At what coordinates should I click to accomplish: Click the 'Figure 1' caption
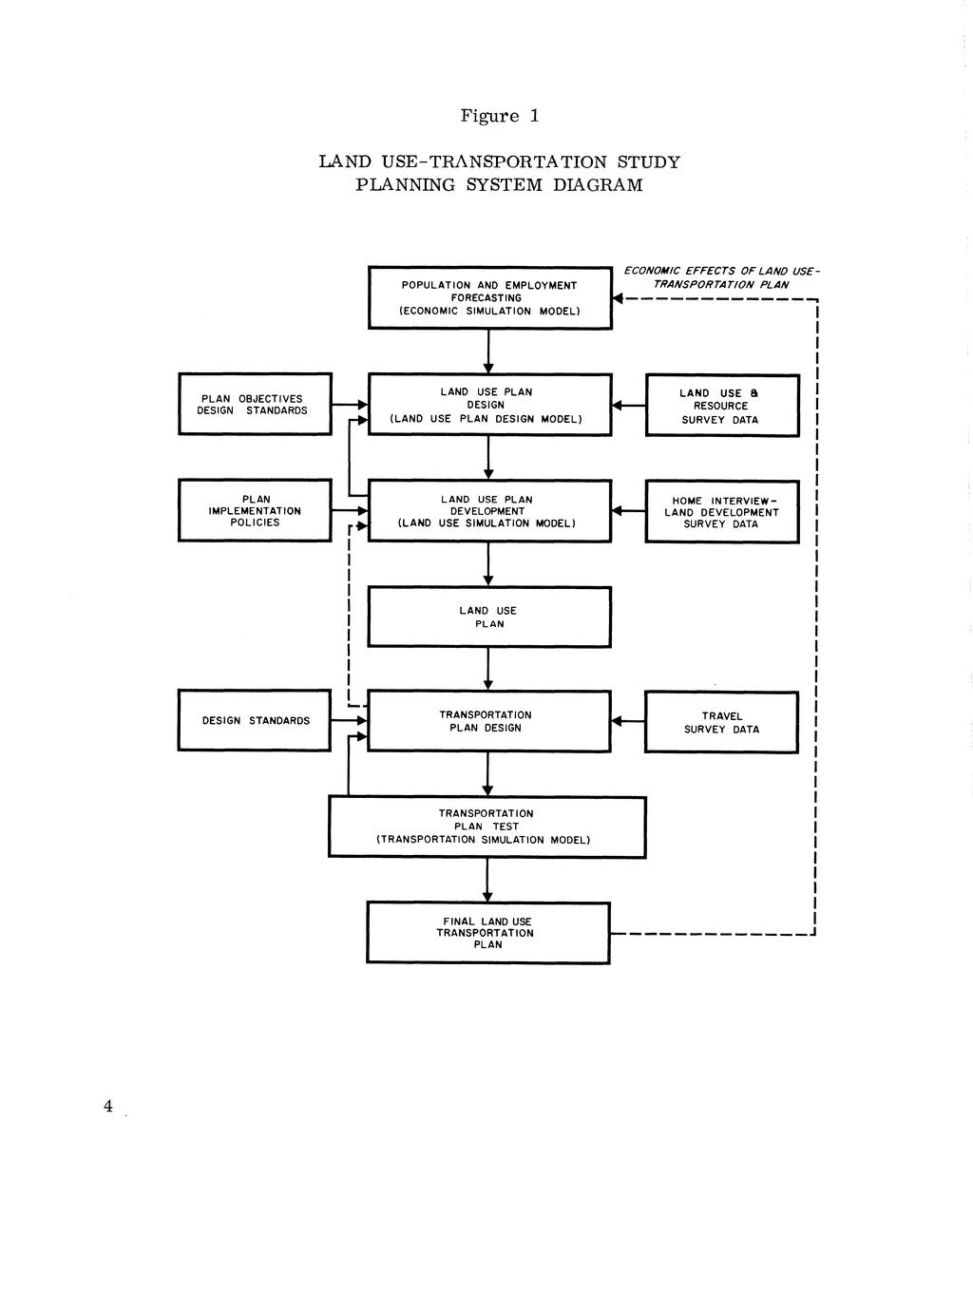click(500, 116)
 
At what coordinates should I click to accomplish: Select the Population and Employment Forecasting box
click(489, 298)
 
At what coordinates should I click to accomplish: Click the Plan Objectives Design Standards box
click(255, 405)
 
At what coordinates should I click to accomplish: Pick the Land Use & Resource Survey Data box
click(721, 406)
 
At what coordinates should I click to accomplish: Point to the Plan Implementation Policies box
click(255, 511)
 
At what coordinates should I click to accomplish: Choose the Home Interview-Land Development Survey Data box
click(721, 512)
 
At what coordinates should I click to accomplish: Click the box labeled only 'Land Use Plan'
click(488, 617)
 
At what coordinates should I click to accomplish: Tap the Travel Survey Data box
click(721, 723)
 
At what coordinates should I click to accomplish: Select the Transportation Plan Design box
click(488, 722)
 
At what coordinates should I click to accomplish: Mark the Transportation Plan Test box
click(486, 826)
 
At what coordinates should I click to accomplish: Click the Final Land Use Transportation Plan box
click(487, 933)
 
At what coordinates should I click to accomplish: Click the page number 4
click(108, 1106)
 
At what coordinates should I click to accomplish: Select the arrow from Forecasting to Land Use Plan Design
click(488, 352)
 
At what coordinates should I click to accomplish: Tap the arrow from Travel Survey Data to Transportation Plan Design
click(627, 722)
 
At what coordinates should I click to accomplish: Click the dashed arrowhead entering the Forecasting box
click(618, 301)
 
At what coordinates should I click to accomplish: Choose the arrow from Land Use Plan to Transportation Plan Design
click(488, 670)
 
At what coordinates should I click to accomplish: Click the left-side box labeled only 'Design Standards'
click(255, 720)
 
